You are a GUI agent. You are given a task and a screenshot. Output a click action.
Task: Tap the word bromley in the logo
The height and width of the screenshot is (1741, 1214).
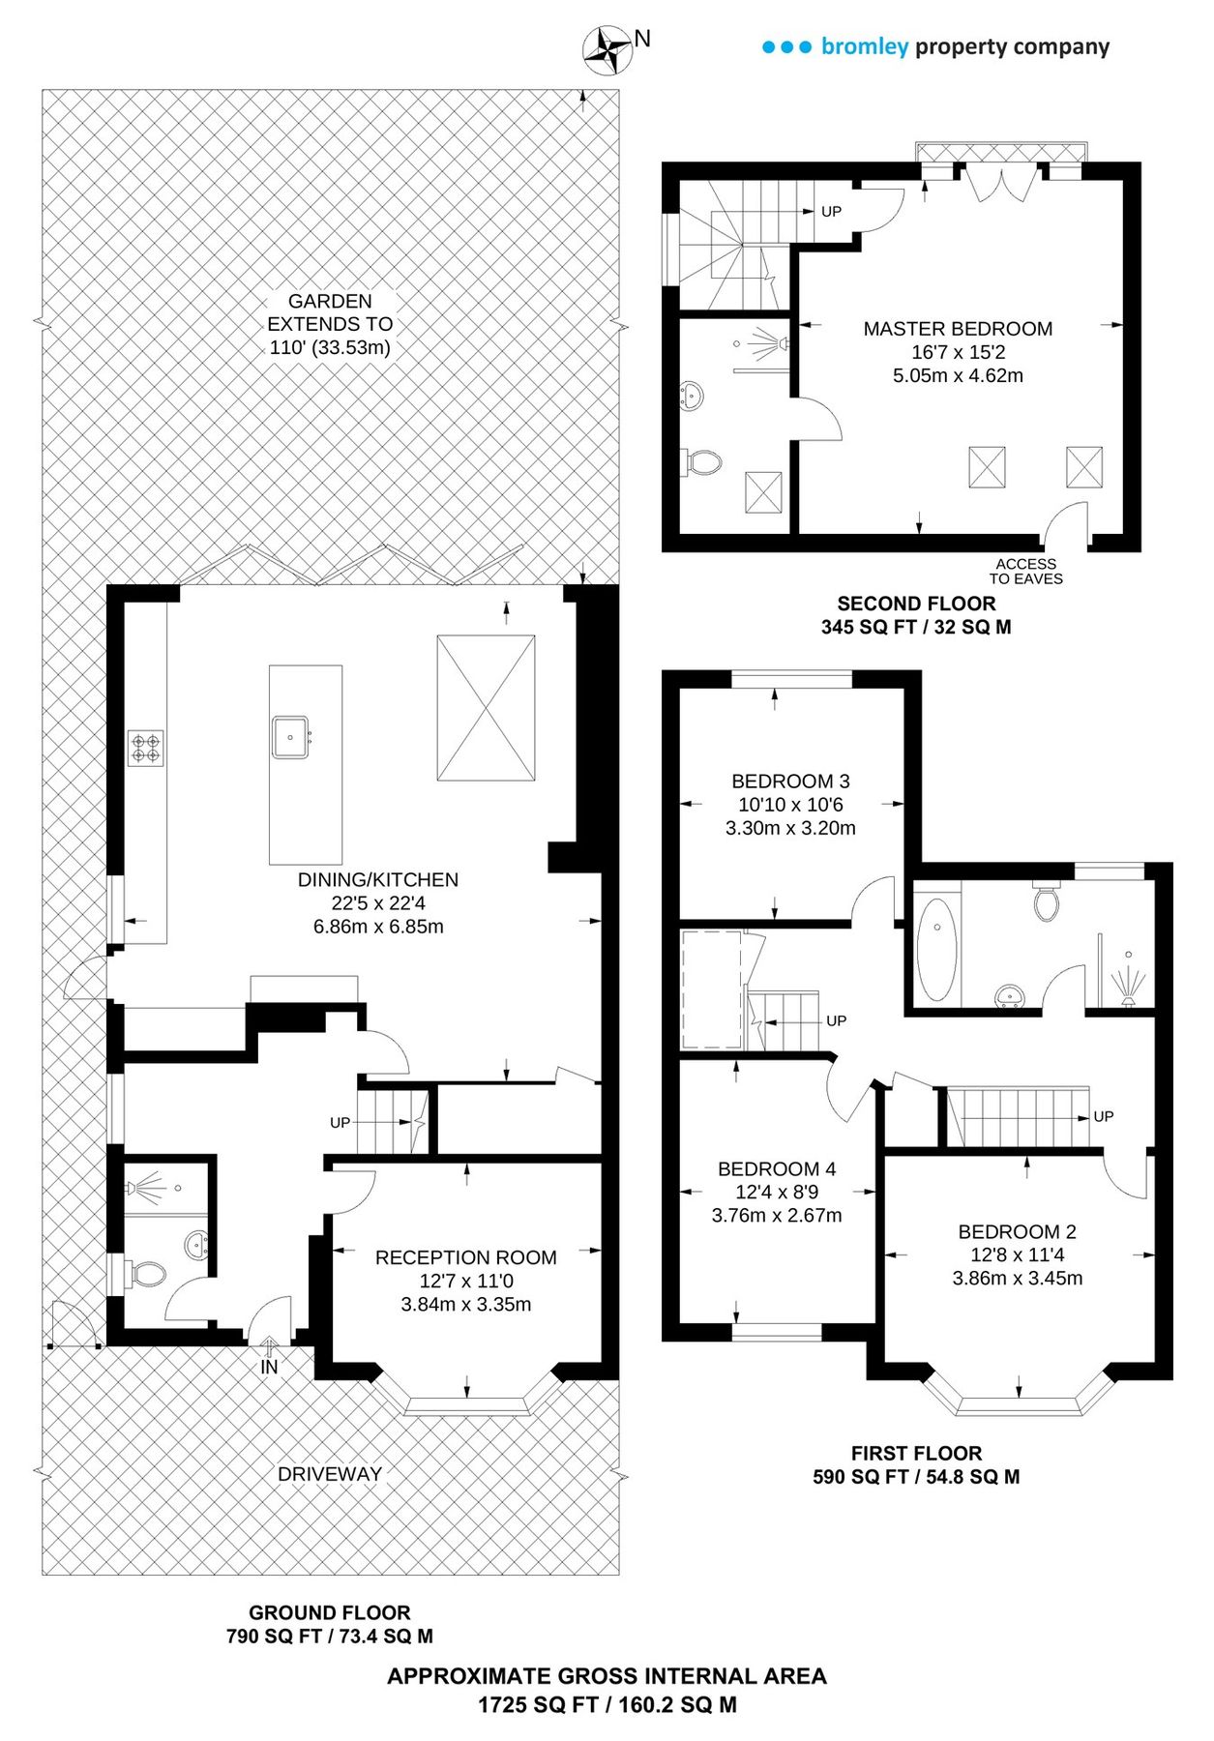pos(864,46)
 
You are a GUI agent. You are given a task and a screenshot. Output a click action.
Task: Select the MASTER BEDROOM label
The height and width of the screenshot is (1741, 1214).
pos(958,329)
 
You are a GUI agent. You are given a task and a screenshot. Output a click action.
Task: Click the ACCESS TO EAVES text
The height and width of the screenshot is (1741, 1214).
pos(1025,572)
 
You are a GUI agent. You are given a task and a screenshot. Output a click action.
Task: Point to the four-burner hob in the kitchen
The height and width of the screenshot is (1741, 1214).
pos(146,748)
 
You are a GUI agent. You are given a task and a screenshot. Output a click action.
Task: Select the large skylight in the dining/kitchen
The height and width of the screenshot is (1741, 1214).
pos(486,707)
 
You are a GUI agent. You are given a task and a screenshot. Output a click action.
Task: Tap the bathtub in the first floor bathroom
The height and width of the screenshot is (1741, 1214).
pos(936,949)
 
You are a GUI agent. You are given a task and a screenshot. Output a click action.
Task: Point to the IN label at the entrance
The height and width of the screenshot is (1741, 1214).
pos(269,1367)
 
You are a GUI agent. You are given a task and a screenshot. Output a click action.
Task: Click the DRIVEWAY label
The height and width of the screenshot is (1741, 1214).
pos(330,1474)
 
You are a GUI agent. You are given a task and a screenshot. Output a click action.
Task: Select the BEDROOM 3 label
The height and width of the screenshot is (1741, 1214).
pos(790,781)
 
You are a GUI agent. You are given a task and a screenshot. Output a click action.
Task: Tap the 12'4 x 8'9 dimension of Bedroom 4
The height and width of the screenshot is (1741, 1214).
pos(777,1192)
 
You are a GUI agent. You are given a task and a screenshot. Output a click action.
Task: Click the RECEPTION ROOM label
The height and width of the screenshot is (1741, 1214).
pos(465,1257)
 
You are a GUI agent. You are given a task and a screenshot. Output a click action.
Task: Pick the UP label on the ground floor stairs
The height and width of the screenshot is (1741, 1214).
pos(340,1122)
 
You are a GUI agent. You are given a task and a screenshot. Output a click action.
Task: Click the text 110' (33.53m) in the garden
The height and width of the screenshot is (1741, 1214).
pos(330,347)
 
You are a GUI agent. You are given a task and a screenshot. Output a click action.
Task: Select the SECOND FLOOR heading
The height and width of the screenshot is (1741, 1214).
pos(916,604)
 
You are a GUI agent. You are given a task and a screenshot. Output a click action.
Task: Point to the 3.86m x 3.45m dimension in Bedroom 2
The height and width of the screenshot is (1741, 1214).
pos(1017,1278)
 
